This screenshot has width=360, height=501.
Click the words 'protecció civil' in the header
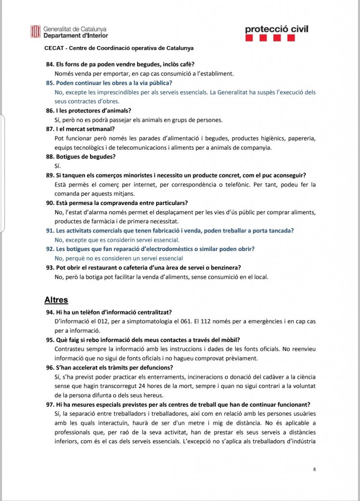click(x=276, y=29)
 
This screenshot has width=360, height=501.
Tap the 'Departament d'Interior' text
click(x=76, y=36)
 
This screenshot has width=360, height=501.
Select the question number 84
click(x=50, y=65)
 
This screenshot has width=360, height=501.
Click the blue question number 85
click(x=50, y=83)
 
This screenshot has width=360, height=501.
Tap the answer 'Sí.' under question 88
click(x=58, y=166)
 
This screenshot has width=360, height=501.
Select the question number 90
click(x=50, y=203)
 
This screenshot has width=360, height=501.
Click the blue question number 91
click(x=50, y=230)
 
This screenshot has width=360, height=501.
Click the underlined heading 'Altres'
click(x=56, y=300)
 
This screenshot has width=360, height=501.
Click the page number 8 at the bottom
click(x=315, y=470)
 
